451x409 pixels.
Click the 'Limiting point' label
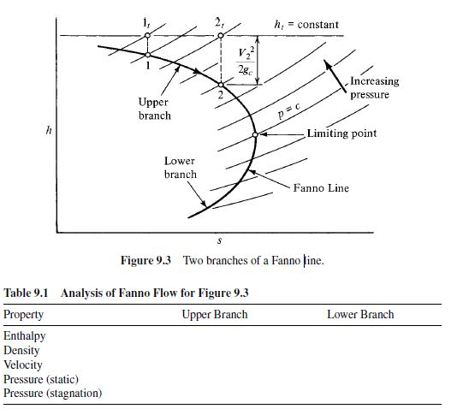342,134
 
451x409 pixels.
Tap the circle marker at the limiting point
255,135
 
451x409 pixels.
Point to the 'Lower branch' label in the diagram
180,168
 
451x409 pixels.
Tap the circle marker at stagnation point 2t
221,36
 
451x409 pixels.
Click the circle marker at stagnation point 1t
148,36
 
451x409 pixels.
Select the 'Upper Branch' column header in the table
215,315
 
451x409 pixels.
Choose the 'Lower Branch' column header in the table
360,315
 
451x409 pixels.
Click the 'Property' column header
24,315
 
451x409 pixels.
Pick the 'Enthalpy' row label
25,336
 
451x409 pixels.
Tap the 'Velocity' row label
23,365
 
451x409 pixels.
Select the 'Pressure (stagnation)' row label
53,393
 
